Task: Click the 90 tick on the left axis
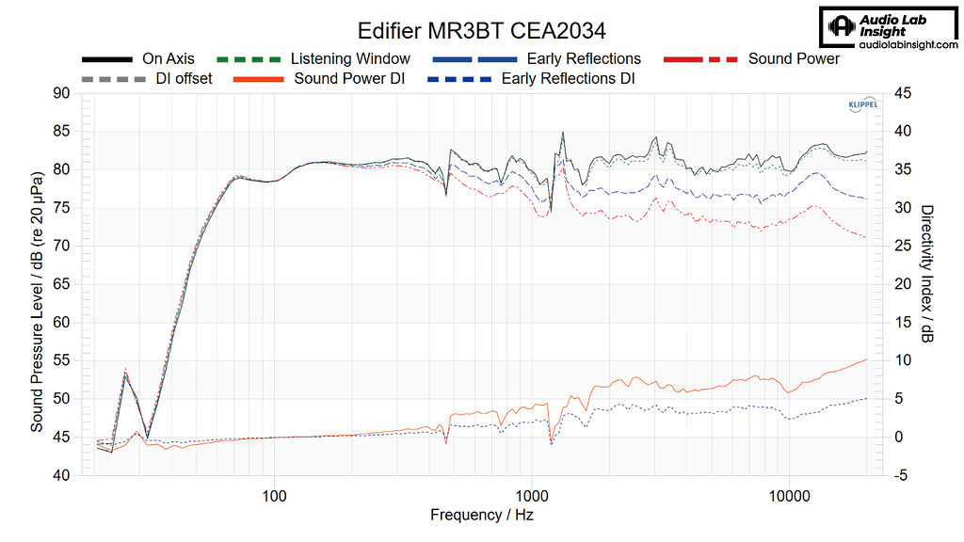pos(61,93)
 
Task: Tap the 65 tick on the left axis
pos(61,284)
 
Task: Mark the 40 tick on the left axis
pos(61,475)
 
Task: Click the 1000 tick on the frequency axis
pos(533,494)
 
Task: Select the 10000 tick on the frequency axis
pos(790,494)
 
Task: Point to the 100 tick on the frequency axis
pos(275,494)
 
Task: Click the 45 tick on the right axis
pos(901,93)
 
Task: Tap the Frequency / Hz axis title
pos(482,515)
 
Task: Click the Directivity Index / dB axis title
pos(927,274)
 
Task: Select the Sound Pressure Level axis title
pos(37,301)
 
